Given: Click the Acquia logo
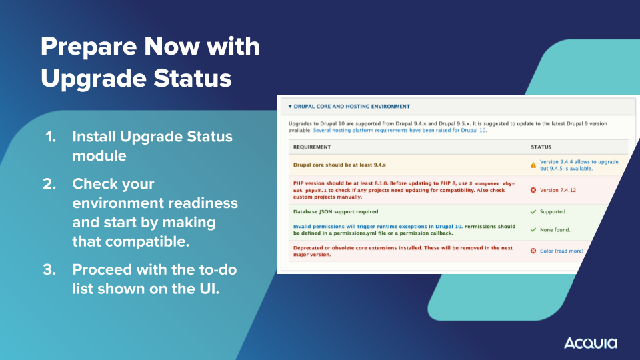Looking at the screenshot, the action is pyautogui.click(x=590, y=343).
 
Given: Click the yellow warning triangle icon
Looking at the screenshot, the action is pyautogui.click(x=533, y=165).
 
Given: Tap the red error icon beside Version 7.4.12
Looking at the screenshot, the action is pyautogui.click(x=533, y=190).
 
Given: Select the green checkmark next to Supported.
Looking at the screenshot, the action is pyautogui.click(x=533, y=212).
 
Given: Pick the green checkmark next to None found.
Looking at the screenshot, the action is pyautogui.click(x=533, y=230).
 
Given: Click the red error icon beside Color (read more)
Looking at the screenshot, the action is pyautogui.click(x=533, y=251).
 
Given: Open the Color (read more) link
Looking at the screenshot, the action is pyautogui.click(x=561, y=251).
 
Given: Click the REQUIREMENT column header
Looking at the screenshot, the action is pyautogui.click(x=312, y=147).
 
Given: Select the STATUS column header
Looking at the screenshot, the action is pyautogui.click(x=541, y=147).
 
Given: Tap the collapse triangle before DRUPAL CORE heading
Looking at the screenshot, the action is pyautogui.click(x=290, y=107).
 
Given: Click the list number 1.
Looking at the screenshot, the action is pyautogui.click(x=51, y=137).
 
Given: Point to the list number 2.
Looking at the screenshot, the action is pyautogui.click(x=50, y=184).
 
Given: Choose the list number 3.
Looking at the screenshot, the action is pyautogui.click(x=50, y=270).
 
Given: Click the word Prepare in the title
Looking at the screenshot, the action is pyautogui.click(x=89, y=47).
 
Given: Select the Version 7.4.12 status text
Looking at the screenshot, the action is pyautogui.click(x=558, y=190).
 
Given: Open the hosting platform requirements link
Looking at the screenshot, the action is pyautogui.click(x=399, y=130).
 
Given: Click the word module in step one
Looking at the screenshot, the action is pyautogui.click(x=99, y=156).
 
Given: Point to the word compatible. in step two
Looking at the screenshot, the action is pyautogui.click(x=148, y=241).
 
